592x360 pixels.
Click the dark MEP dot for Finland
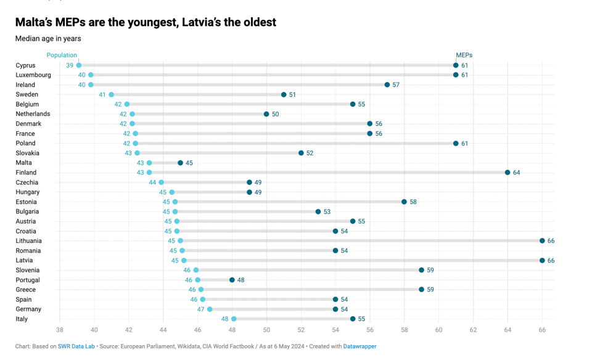pyautogui.click(x=508, y=173)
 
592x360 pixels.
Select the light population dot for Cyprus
pyautogui.click(x=78, y=65)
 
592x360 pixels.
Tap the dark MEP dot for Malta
pyautogui.click(x=180, y=163)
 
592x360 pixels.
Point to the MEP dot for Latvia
pyautogui.click(x=542, y=261)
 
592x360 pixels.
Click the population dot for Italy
pyautogui.click(x=234, y=319)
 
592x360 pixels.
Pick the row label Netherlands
pyautogui.click(x=33, y=114)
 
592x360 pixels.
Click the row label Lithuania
pyautogui.click(x=29, y=241)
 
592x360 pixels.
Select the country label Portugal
pyautogui.click(x=28, y=280)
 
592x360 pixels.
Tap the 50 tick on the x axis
pyautogui.click(x=266, y=330)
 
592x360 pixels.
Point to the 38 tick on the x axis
pyautogui.click(x=60, y=330)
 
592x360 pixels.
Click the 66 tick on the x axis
pyautogui.click(x=542, y=330)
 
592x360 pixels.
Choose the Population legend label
pyautogui.click(x=62, y=55)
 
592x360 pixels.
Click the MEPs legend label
pyautogui.click(x=464, y=55)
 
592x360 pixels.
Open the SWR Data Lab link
pyautogui.click(x=76, y=346)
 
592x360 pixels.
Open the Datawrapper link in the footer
pyautogui.click(x=360, y=346)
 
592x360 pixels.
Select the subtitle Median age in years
pyautogui.click(x=48, y=38)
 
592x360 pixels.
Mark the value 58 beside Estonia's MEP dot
pyautogui.click(x=413, y=202)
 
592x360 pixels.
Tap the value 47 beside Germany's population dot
pyautogui.click(x=200, y=309)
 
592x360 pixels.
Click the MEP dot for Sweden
pyautogui.click(x=284, y=95)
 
